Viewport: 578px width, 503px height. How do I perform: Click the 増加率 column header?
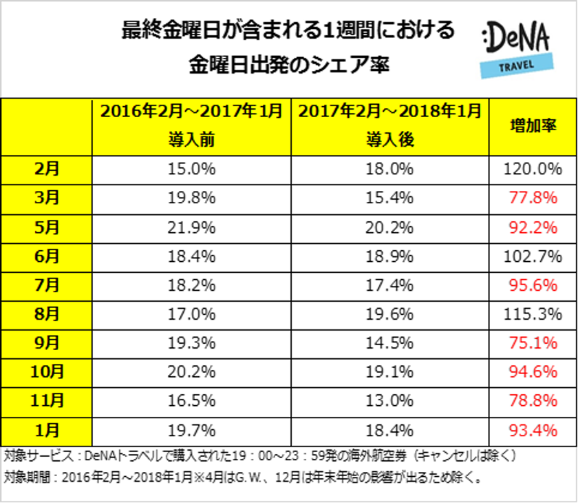(532, 127)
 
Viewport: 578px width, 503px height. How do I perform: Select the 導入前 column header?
(192, 139)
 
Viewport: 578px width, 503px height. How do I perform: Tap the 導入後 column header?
(389, 139)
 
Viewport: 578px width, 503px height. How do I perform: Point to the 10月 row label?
(47, 373)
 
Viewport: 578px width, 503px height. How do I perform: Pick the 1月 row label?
(47, 431)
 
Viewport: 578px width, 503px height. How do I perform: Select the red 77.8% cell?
(532, 198)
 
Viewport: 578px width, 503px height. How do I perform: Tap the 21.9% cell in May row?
(192, 227)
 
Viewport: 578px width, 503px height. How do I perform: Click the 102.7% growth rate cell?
(532, 256)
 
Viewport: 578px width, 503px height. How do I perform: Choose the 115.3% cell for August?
(532, 315)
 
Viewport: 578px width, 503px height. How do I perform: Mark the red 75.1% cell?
(532, 344)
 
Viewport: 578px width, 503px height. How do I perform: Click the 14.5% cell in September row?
(389, 344)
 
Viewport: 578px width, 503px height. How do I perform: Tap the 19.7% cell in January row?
(192, 431)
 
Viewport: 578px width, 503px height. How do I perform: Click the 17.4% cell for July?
(389, 286)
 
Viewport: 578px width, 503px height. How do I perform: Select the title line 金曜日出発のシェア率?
(289, 67)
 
